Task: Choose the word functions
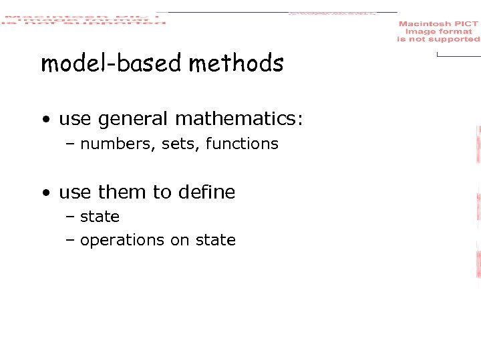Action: coord(242,143)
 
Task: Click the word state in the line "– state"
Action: coord(100,217)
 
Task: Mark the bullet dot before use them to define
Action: coord(45,193)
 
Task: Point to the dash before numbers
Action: coord(70,144)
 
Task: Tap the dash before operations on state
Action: coord(70,241)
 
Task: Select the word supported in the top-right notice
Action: coord(455,39)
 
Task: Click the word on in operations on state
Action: coord(180,241)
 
